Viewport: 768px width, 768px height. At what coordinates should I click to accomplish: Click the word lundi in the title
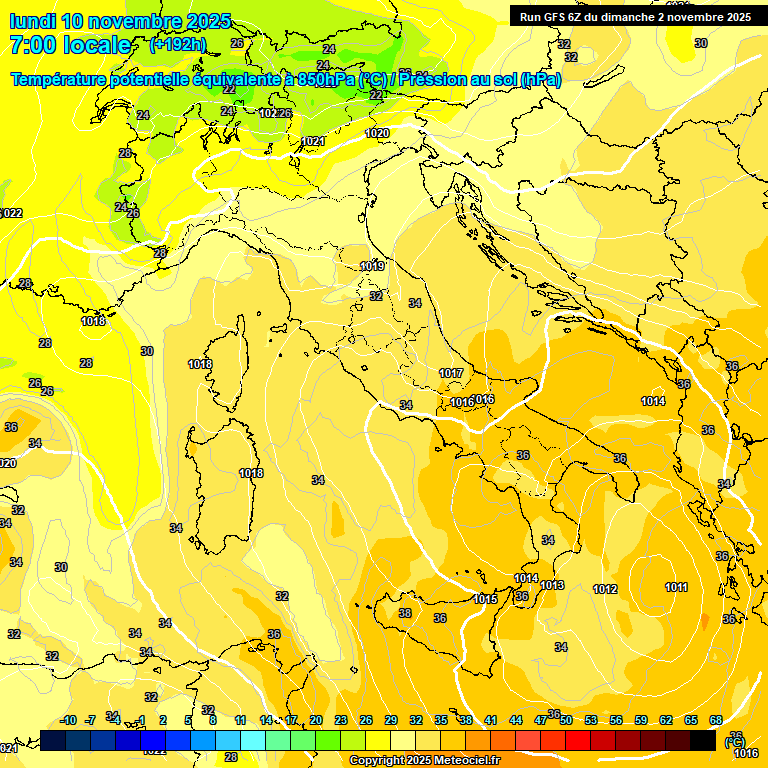[32, 21]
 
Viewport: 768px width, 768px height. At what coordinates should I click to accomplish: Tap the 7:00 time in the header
[31, 45]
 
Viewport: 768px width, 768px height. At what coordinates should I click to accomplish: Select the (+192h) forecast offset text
[177, 44]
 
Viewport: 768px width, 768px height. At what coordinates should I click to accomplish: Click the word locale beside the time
[96, 45]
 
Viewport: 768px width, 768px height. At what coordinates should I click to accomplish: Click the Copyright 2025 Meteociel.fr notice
[424, 760]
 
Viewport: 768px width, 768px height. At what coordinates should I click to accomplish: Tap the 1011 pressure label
[676, 587]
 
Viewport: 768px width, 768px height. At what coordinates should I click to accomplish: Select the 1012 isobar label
[605, 589]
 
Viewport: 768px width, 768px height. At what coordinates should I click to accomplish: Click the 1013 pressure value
[552, 585]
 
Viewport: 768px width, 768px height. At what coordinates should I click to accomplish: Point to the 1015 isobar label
[486, 599]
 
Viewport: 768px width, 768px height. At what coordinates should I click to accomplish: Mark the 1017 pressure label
[451, 373]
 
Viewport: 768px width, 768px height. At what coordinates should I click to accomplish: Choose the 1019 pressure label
[372, 266]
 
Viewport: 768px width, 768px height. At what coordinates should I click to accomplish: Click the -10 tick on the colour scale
[69, 720]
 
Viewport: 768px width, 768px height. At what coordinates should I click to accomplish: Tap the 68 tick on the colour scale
[716, 720]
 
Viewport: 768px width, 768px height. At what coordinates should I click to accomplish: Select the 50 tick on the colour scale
[566, 720]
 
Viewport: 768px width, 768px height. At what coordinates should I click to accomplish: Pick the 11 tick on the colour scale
[240, 720]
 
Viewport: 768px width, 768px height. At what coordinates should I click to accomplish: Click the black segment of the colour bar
[703, 740]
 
